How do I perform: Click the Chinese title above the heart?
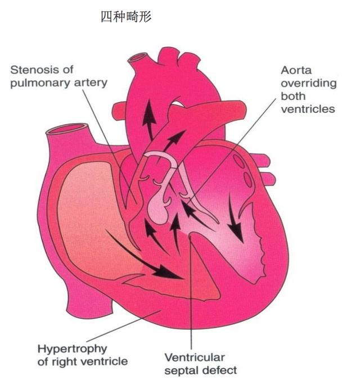[x=126, y=17]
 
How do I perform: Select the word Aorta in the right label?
[x=296, y=70]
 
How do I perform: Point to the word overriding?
[x=309, y=84]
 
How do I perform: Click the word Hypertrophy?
[x=72, y=350]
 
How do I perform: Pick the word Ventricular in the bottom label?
[x=195, y=357]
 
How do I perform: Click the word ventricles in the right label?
[x=308, y=109]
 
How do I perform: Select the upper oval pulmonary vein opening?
[x=239, y=161]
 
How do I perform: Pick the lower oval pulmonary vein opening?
[x=248, y=180]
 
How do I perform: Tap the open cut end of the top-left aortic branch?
[x=137, y=57]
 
